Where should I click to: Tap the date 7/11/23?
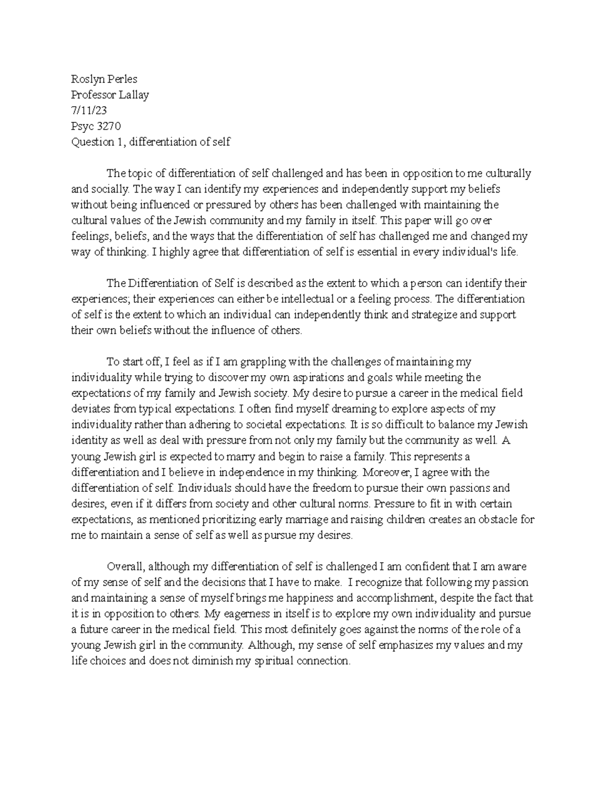click(x=89, y=110)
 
